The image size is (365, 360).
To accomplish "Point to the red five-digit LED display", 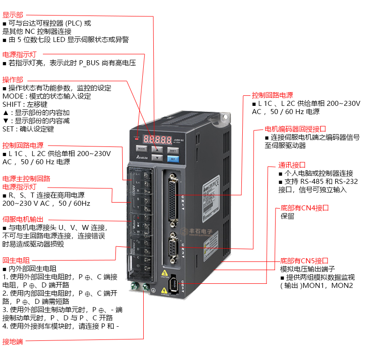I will pos(155,138).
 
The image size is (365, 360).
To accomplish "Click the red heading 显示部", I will pos(13,15).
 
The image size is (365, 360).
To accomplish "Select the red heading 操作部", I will pos(13,79).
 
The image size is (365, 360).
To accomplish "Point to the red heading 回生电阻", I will pos(16,260).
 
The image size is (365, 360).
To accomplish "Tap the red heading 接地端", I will pos(13,341).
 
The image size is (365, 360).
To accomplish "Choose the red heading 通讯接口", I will pos(292,165).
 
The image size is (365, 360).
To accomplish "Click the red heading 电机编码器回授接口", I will pos(302,129).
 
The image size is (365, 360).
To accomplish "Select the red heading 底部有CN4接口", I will pos(304,208).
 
